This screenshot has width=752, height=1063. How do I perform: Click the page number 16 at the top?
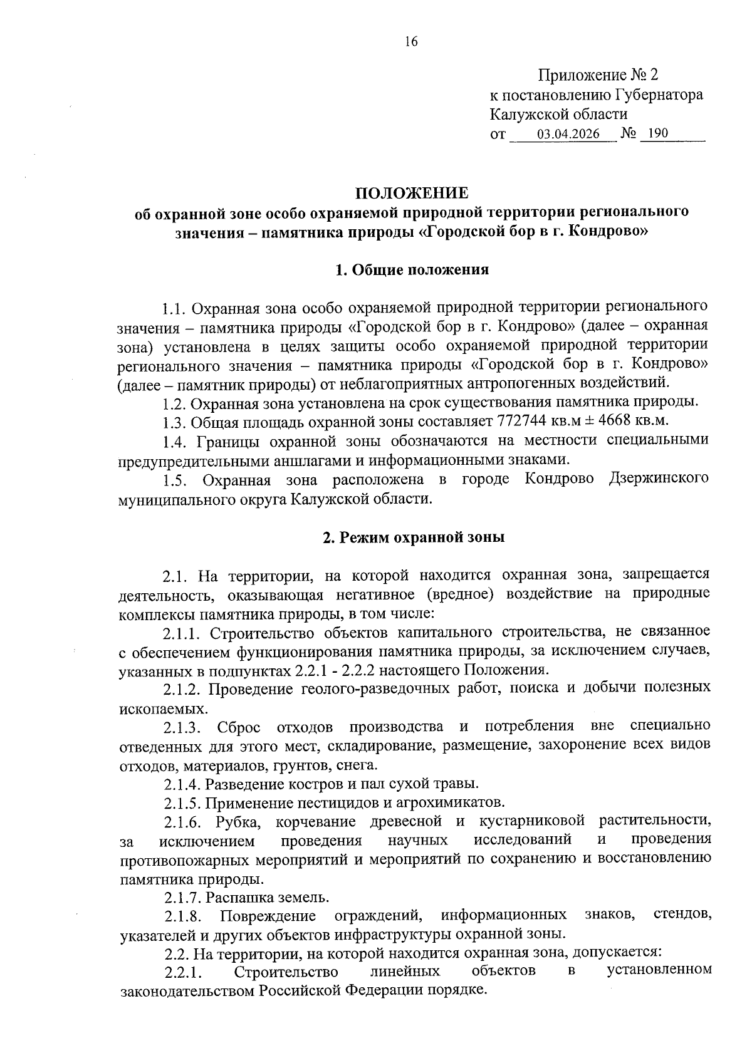[411, 42]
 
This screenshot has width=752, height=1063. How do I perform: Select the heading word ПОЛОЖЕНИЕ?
[412, 192]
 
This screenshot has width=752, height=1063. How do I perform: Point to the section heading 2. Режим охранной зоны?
[413, 537]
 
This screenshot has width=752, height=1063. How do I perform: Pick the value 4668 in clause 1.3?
[617, 420]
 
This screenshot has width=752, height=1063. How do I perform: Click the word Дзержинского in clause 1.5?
[659, 479]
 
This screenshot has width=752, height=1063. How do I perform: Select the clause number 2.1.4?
[182, 784]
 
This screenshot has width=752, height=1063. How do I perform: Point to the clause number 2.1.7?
[182, 898]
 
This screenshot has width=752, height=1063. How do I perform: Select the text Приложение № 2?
[598, 76]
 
